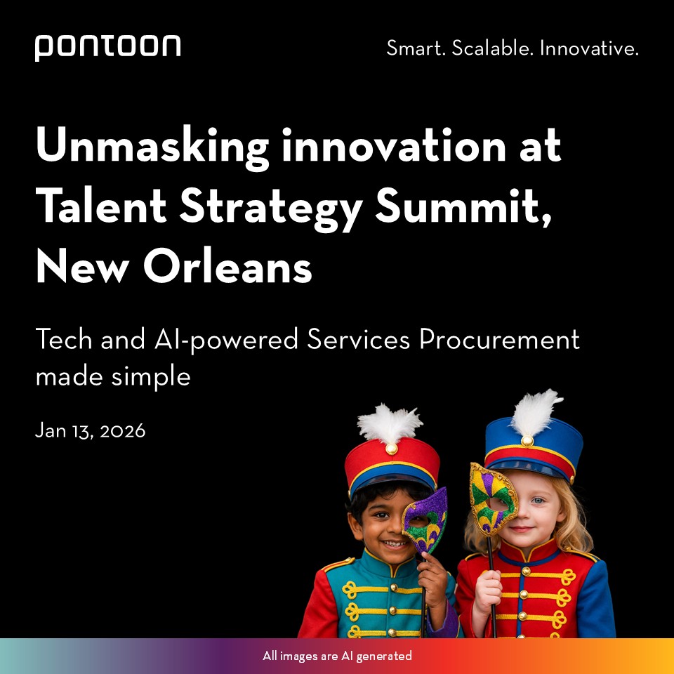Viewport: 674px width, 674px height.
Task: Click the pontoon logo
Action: [107, 47]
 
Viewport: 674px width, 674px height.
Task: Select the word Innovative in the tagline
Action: [589, 49]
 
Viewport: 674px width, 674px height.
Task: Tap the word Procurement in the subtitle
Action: [500, 340]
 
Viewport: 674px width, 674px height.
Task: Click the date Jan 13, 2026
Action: [90, 430]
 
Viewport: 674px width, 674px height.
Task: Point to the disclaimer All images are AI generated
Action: [337, 656]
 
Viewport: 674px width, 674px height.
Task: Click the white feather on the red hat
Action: [390, 423]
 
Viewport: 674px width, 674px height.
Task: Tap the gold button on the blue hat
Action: [527, 440]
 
